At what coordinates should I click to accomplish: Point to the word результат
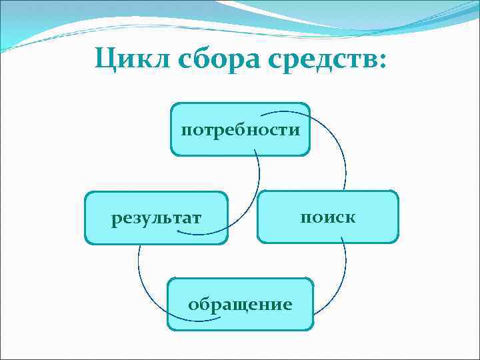coord(157,218)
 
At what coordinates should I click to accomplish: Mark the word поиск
coord(328,217)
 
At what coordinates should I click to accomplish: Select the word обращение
coord(240,305)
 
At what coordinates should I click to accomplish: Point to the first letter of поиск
coord(305,218)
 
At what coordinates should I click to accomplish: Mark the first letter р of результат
coord(116,219)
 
